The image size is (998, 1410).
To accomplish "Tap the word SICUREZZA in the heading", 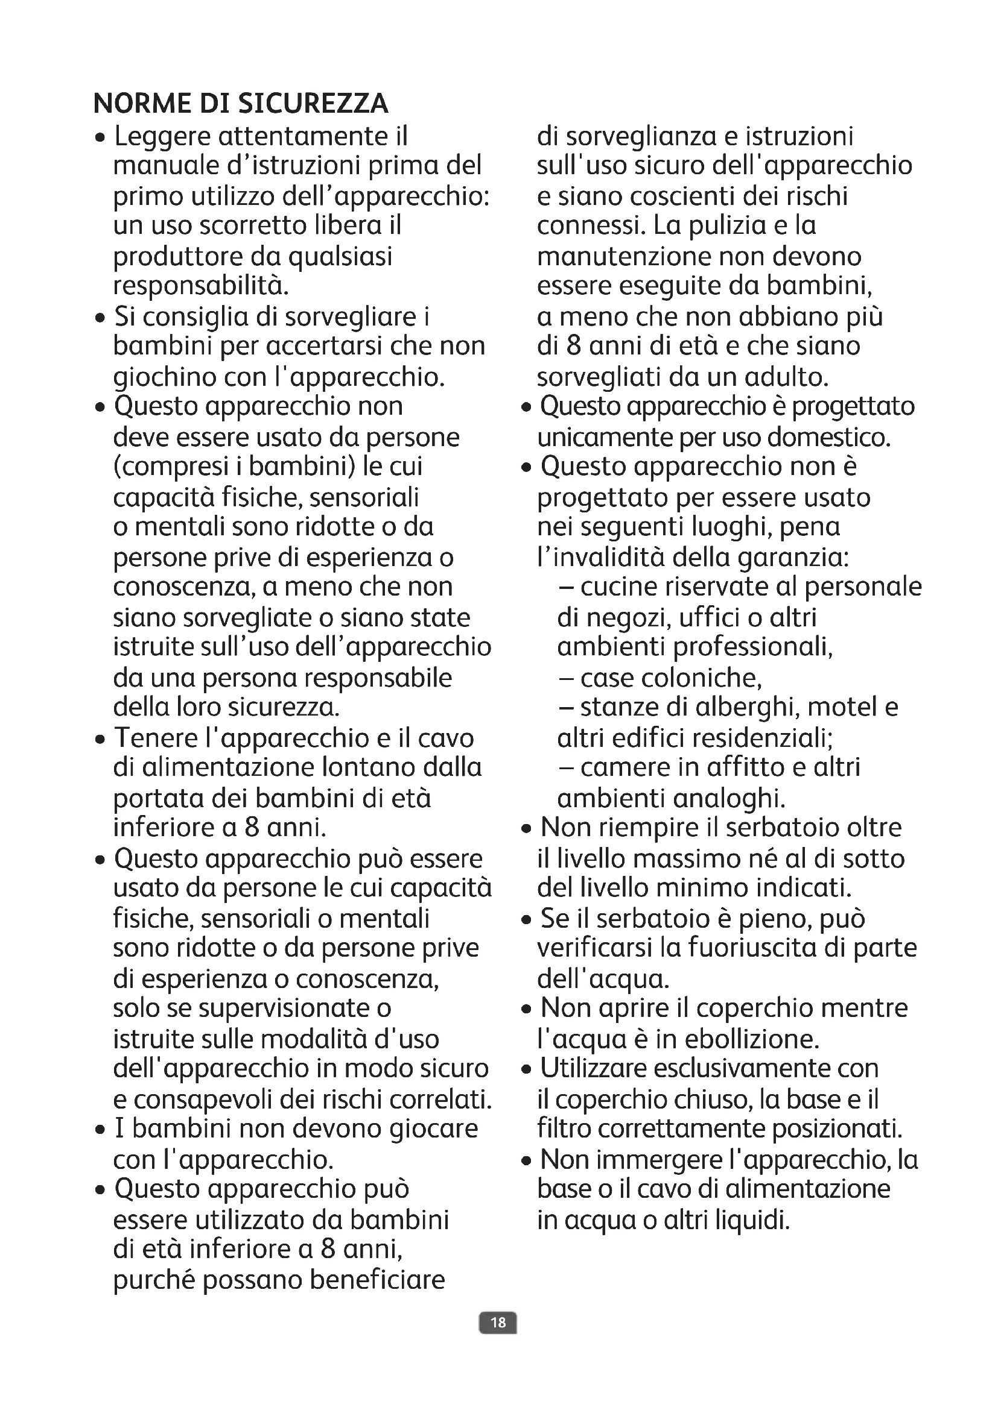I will click(313, 104).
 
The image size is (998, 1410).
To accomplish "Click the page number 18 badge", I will click(498, 1322).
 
